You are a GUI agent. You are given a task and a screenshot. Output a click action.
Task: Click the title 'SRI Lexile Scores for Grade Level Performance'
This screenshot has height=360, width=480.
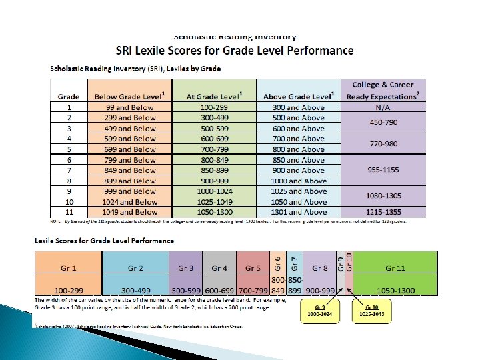(235, 51)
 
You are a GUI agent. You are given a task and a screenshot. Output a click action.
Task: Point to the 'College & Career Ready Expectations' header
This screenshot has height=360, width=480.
(382, 91)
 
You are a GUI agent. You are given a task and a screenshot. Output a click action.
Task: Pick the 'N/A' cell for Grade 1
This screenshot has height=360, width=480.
(382, 107)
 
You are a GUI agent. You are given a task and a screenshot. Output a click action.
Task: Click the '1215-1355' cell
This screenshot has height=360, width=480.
(382, 212)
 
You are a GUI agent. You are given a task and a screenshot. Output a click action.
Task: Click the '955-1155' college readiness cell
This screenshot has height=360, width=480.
(382, 170)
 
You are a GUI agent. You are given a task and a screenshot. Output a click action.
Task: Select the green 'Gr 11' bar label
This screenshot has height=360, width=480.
(395, 267)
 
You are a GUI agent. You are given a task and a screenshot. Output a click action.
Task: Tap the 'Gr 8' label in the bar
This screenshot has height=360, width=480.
(319, 267)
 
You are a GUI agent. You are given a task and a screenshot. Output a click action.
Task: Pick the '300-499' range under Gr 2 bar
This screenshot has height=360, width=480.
(135, 291)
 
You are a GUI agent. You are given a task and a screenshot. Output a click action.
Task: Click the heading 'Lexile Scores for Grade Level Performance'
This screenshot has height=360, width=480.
(105, 241)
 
